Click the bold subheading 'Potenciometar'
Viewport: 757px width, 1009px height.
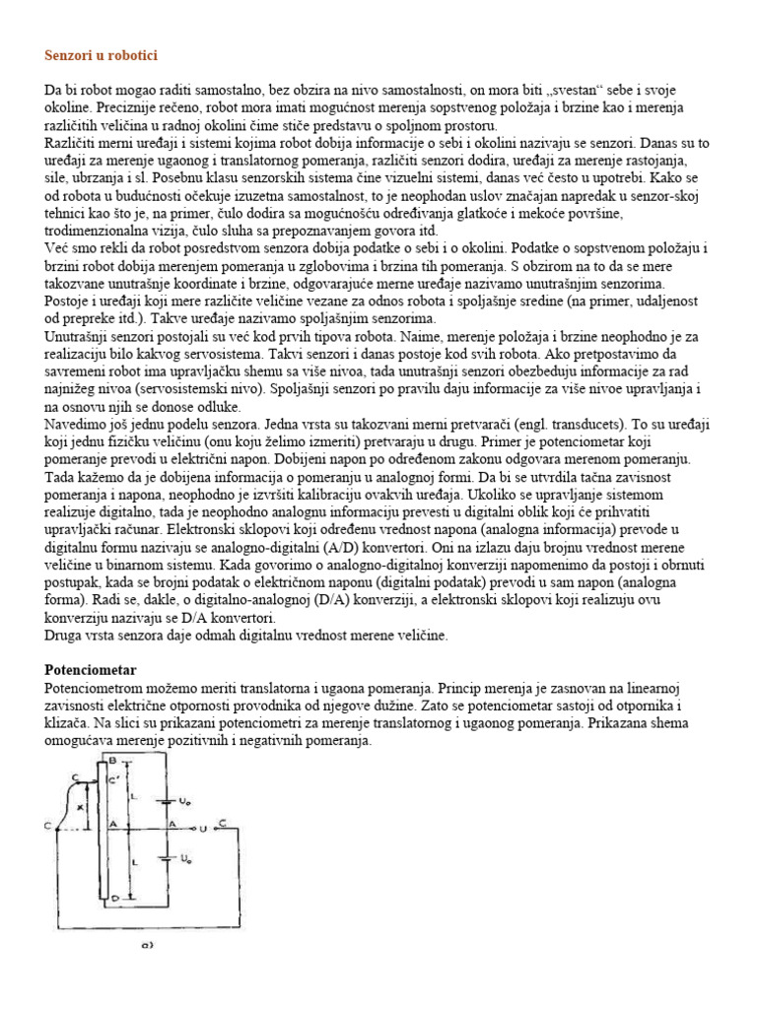point(91,669)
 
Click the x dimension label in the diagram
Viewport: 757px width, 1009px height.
point(81,807)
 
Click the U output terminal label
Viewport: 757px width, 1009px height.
point(202,827)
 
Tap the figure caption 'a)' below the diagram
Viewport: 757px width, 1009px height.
point(147,945)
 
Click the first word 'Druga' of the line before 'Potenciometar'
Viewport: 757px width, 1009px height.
point(64,636)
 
